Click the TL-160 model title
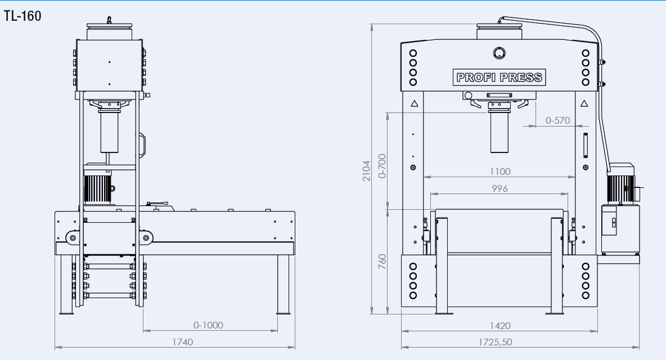22,16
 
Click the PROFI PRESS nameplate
499,77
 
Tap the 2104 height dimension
366,169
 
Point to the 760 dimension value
382,260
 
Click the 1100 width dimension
499,172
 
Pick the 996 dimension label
499,188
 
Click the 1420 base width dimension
499,325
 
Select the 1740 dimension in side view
182,341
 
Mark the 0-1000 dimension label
208,325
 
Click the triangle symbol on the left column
414,103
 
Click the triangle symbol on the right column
583,103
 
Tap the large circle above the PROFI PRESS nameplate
499,53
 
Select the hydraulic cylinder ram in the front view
499,132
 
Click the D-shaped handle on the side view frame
141,145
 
